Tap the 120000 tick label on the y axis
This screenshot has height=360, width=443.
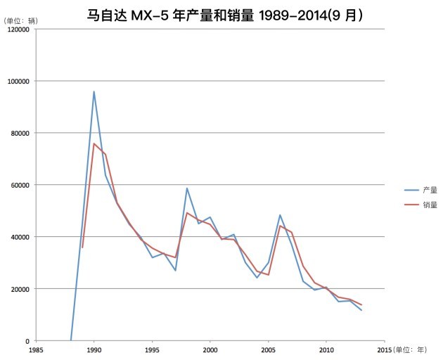point(17,29)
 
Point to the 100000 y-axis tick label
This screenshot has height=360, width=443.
point(17,81)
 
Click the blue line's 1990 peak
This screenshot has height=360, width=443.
point(94,91)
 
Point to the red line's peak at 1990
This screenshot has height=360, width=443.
point(94,143)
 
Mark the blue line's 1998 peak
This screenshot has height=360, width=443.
point(187,188)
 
